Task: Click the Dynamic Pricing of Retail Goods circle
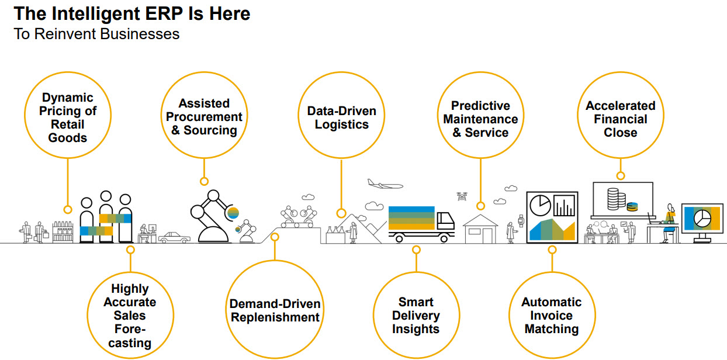68,117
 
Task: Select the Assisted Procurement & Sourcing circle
204,116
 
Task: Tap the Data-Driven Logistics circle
341,117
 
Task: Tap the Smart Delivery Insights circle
416,315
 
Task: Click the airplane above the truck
385,185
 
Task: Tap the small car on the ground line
174,237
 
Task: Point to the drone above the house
463,197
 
